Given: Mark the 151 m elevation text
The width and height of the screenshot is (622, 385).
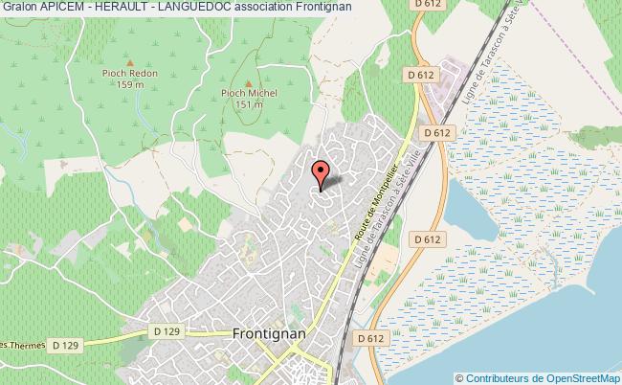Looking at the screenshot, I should [x=249, y=105].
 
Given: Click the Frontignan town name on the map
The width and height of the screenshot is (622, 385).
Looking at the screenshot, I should [x=269, y=333].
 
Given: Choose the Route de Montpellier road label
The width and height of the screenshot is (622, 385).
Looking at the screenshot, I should [x=361, y=210].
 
